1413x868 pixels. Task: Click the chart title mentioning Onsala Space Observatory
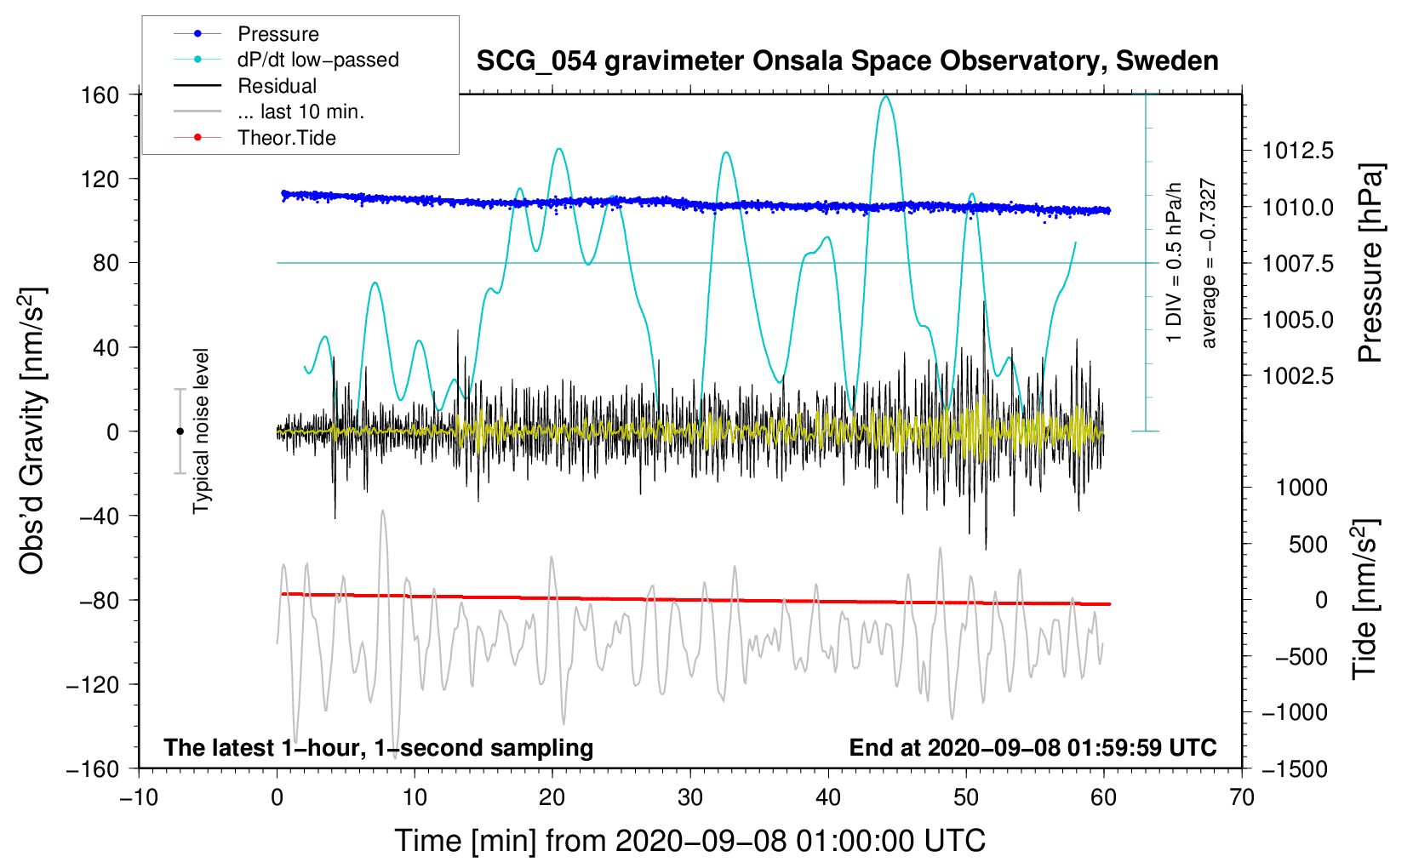(x=847, y=61)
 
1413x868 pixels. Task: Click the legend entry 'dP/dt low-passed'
(x=317, y=60)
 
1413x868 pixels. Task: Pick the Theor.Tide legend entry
(x=286, y=138)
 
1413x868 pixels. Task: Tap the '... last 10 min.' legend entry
(x=300, y=111)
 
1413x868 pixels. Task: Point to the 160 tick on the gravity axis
(x=100, y=94)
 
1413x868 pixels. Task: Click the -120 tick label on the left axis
(x=93, y=684)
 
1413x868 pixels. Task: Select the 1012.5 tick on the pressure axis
(x=1297, y=151)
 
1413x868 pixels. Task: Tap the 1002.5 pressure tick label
(x=1297, y=376)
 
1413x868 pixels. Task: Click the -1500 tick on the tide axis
(x=1294, y=768)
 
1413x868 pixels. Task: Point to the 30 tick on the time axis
(x=690, y=797)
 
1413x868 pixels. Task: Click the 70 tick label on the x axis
(x=1242, y=797)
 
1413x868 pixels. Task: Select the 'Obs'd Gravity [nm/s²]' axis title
(x=32, y=431)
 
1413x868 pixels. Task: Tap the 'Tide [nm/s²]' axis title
(x=1364, y=599)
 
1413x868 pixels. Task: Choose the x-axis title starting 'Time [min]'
(x=689, y=841)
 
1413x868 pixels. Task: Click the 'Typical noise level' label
(x=201, y=431)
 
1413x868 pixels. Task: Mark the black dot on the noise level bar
(x=180, y=431)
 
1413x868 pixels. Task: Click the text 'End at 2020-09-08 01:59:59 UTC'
(x=1033, y=747)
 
